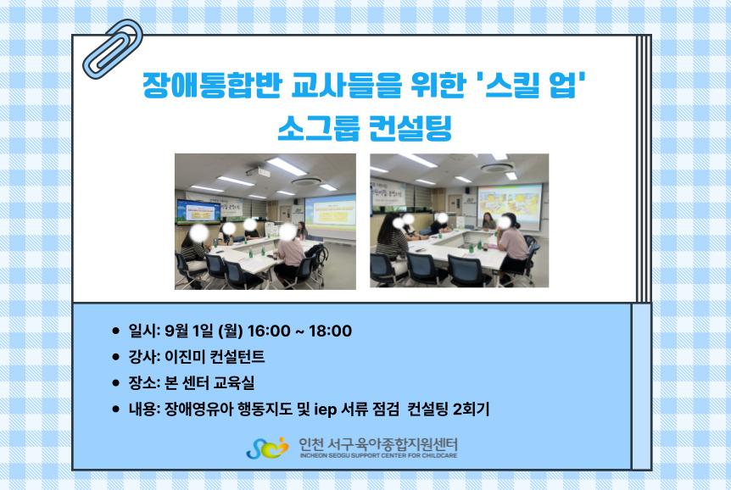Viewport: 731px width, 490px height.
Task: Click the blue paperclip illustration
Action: pyautogui.click(x=114, y=49)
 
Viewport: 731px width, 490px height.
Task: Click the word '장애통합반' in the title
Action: pyautogui.click(x=212, y=85)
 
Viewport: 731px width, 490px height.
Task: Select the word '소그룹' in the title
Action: pyautogui.click(x=318, y=127)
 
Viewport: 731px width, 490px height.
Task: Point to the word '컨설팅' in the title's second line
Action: pyautogui.click(x=410, y=127)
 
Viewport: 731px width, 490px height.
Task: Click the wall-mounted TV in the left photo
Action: pyautogui.click(x=198, y=212)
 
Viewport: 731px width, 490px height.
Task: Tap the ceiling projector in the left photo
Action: pyautogui.click(x=258, y=171)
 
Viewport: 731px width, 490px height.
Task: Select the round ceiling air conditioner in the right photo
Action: pyautogui.click(x=498, y=167)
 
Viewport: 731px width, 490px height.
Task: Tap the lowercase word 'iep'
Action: pyautogui.click(x=326, y=409)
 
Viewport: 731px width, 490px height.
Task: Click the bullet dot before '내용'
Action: pyautogui.click(x=115, y=409)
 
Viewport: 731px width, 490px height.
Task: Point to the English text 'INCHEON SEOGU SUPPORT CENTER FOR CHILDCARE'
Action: pyautogui.click(x=378, y=455)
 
